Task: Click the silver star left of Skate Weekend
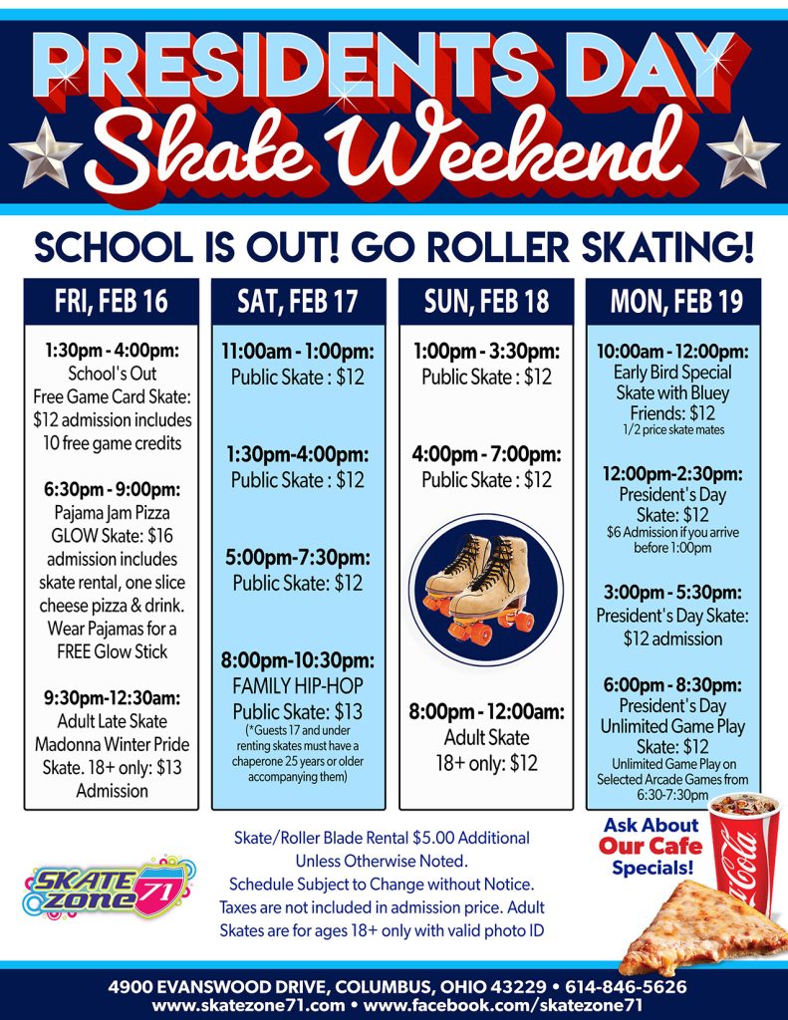point(46,151)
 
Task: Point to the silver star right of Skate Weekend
point(743,151)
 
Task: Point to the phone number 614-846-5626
point(625,987)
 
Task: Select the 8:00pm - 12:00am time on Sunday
point(486,712)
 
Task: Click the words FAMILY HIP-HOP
point(298,686)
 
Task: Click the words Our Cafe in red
point(650,847)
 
